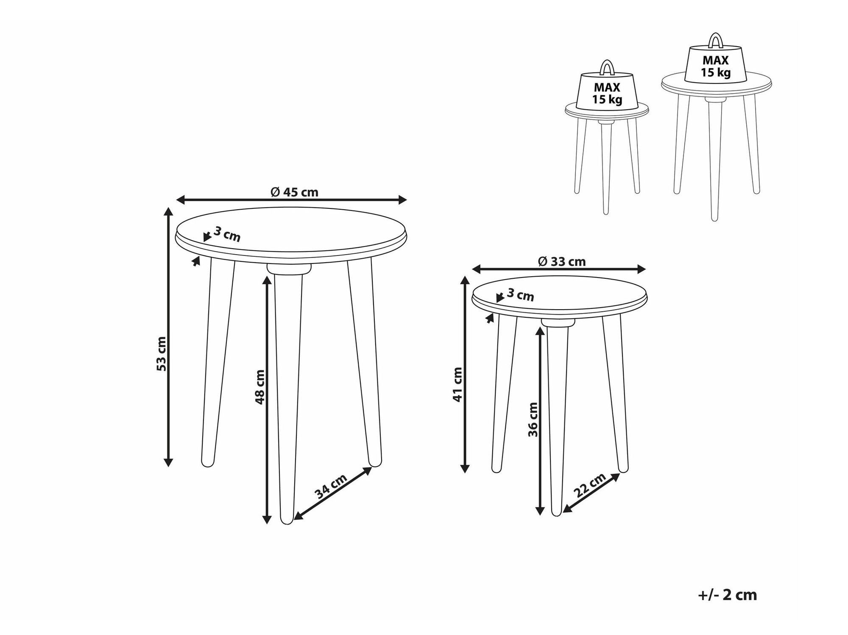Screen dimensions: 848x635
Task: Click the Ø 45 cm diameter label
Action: pos(294,192)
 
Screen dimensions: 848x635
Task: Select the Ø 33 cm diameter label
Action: pos(562,261)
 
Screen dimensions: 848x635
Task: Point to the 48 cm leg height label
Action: pos(259,387)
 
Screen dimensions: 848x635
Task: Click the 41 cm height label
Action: pos(457,385)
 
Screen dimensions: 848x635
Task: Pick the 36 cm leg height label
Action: pos(533,419)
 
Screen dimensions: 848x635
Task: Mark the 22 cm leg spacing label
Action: pos(589,485)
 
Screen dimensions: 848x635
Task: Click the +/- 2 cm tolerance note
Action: pos(727,595)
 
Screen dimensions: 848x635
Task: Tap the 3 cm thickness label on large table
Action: pos(227,234)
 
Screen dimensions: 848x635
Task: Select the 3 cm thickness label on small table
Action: pos(520,295)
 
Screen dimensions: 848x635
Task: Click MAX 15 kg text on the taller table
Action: pos(716,67)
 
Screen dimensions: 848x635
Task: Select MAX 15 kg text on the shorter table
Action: pos(607,94)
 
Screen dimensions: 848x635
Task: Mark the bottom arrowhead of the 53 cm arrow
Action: pos(168,461)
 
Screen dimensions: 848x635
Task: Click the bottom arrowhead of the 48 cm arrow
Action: pos(267,519)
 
